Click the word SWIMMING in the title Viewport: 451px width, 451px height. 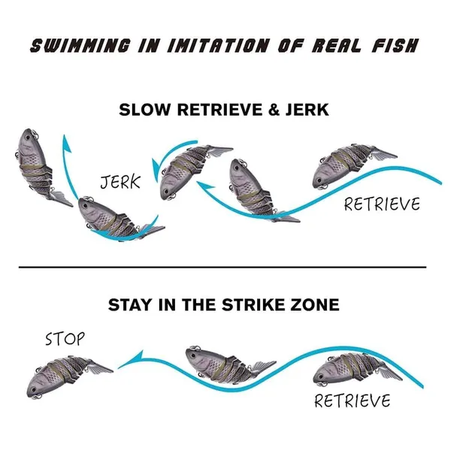80,46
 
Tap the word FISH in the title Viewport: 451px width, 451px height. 395,46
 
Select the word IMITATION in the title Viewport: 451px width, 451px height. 218,46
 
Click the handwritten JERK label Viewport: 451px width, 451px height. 120,182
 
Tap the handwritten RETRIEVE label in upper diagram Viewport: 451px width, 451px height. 382,204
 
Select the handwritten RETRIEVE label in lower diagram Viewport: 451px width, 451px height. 353,401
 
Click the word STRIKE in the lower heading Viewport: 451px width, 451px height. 256,305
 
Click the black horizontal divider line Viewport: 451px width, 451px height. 222,267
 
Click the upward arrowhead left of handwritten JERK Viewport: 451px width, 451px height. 67,143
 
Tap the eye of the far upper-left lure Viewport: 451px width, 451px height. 29,138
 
